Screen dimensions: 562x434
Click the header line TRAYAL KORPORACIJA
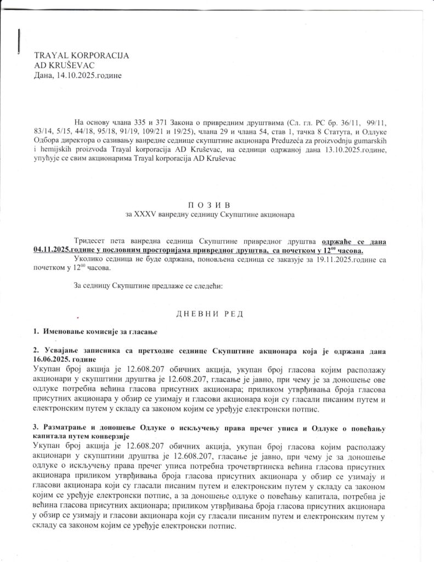point(81,55)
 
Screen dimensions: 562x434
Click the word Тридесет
point(90,241)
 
